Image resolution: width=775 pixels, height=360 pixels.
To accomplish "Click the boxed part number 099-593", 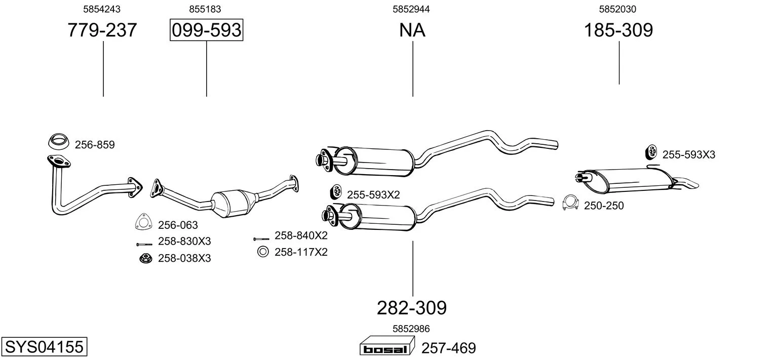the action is coord(206,30).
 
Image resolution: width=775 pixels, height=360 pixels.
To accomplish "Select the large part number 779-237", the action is coord(102,30).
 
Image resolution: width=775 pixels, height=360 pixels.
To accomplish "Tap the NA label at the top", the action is coord(412,30).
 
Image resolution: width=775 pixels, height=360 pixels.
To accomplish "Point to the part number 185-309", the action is coord(618,30).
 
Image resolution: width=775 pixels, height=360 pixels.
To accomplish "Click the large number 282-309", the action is coord(412,308).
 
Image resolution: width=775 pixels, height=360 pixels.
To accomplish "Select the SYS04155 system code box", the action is coord(44,346).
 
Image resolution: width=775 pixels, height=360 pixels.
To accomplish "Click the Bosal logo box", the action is coord(387,346).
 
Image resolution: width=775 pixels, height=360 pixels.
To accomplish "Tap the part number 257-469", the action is coord(448,348).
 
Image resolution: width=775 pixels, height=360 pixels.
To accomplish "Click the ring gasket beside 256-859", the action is coord(58,141).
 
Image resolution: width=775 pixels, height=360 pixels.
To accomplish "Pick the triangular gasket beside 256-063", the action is coord(143,222).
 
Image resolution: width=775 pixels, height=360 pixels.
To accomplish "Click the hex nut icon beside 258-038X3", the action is coord(146,258).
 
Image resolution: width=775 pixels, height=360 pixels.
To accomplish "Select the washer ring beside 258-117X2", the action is coord(263,252).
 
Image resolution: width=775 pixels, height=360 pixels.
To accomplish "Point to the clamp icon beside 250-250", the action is coord(570,203).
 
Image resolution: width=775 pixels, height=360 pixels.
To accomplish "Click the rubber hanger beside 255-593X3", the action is coord(651,152).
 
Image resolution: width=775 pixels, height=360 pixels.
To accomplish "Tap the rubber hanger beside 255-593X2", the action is coord(336,192).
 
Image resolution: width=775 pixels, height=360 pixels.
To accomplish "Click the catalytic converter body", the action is coord(234,204).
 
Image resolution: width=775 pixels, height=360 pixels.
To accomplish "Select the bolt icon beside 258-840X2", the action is coord(261,239).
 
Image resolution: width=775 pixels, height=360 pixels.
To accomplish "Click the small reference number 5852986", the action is coord(411,329).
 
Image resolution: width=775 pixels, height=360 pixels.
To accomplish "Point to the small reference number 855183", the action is coord(205,9).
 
